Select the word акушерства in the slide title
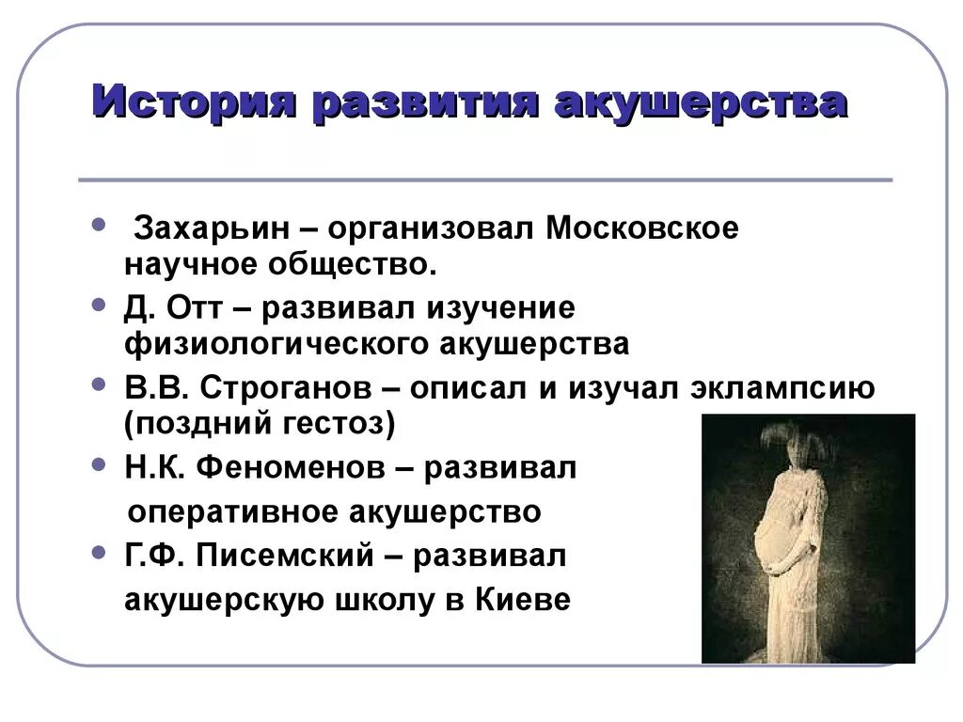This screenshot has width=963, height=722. coord(699,101)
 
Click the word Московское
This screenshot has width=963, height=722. coord(642,228)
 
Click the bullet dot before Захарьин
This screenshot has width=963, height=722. coord(101,225)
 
